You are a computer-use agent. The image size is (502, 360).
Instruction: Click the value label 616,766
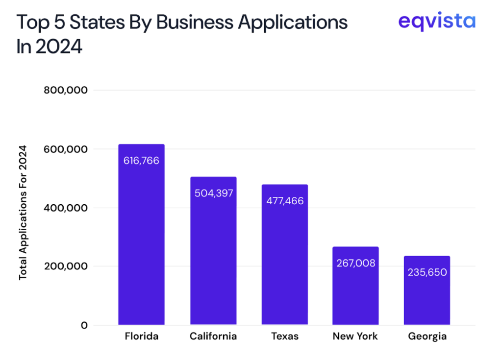point(142,160)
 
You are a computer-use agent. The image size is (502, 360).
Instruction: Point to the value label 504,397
point(213,193)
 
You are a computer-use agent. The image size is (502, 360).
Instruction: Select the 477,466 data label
point(284,201)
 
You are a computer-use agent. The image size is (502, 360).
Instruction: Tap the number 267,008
point(355,263)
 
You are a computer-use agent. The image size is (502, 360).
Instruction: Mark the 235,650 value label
point(427,272)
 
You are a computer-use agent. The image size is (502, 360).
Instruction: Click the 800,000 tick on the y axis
point(65,90)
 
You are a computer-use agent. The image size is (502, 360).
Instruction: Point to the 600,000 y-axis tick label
point(65,149)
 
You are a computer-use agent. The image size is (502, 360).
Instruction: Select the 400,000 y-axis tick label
point(65,208)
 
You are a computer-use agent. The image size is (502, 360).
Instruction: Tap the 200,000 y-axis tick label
point(65,266)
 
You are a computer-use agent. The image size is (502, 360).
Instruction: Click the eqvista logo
point(436,21)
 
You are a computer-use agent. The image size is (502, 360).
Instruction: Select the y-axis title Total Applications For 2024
point(23,213)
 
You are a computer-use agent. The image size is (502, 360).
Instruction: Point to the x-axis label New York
point(355,336)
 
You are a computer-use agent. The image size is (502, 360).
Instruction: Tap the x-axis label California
point(213,336)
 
